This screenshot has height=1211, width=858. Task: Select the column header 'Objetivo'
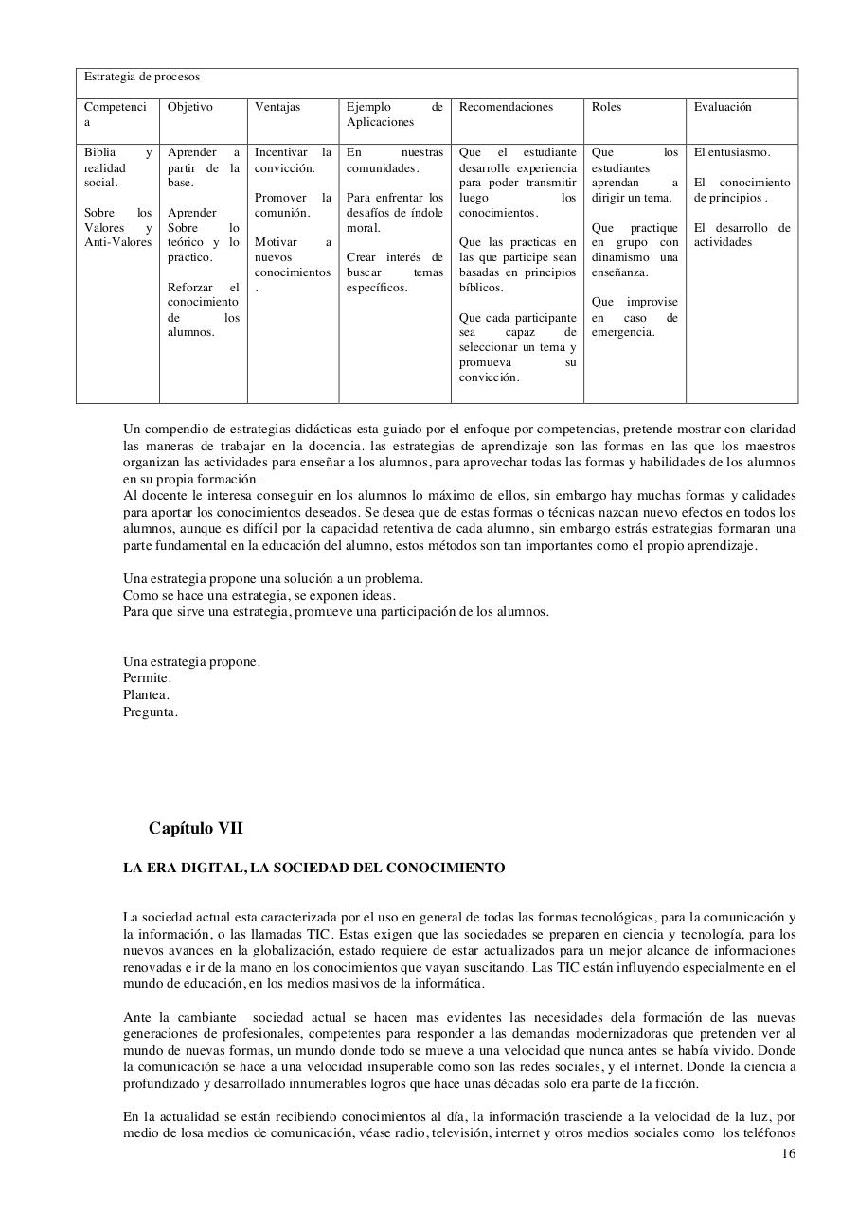pos(190,107)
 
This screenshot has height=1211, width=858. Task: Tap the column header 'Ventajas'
pos(277,107)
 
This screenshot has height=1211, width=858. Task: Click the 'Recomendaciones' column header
pos(506,107)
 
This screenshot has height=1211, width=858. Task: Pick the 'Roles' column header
pos(606,107)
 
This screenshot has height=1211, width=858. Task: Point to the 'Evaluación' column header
pos(723,107)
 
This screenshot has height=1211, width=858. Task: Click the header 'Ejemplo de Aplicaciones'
pos(394,114)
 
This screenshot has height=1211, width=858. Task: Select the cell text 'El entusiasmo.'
pos(732,152)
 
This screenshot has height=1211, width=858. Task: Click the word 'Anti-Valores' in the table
pos(117,242)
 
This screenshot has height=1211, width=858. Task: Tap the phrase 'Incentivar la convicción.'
pos(293,160)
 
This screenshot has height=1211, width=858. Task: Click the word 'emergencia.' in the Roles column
pos(623,332)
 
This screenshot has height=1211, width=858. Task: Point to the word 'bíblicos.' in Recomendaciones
pos(482,288)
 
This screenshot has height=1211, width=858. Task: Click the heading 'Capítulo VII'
pos(195,828)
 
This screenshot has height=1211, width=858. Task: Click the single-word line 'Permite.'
pos(147,678)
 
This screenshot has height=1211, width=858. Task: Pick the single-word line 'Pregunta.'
pos(150,711)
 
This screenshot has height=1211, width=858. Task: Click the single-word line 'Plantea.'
pos(146,694)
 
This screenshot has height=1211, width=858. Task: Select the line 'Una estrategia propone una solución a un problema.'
pos(273,578)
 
